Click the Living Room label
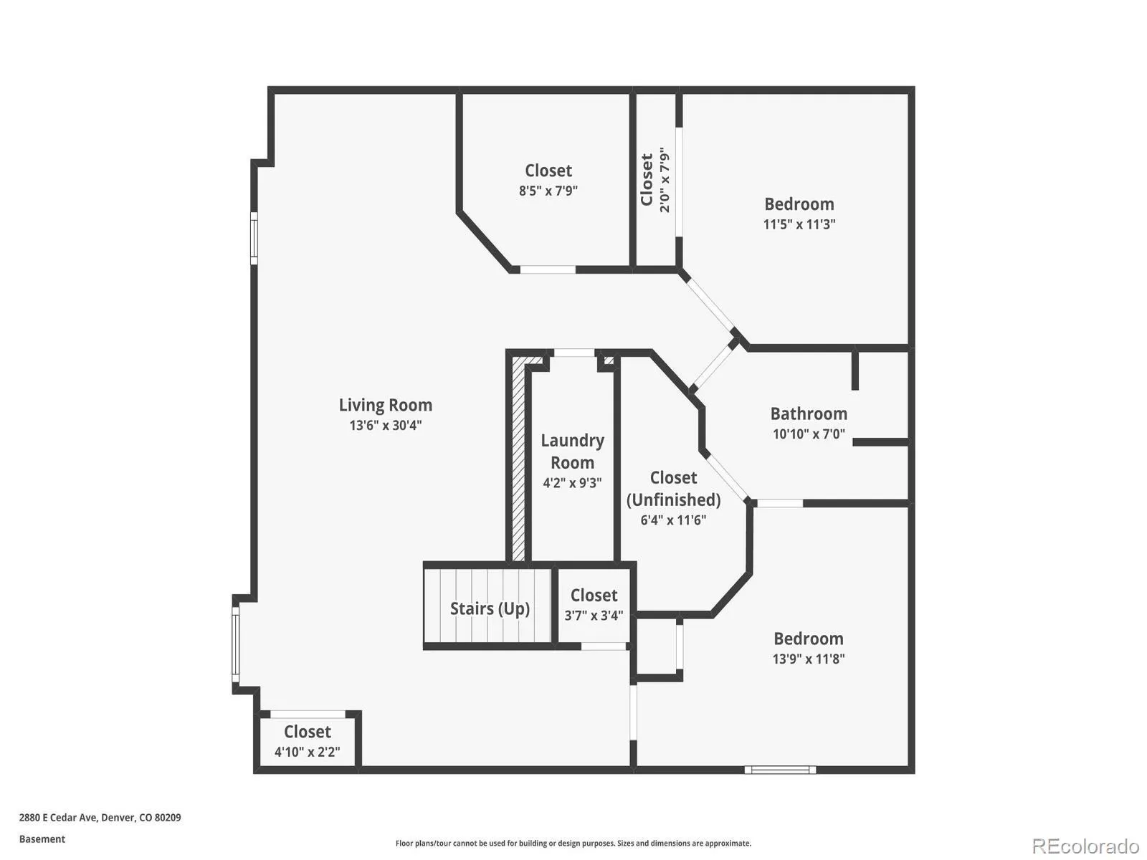click(385, 405)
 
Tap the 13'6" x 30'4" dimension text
click(385, 426)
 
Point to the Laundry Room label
click(572, 451)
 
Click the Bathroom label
click(809, 414)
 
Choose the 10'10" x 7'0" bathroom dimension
click(809, 434)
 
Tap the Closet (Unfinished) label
click(673, 489)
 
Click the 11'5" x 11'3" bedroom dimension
click(799, 224)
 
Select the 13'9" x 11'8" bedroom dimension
click(809, 659)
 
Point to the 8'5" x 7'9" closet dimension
click(548, 191)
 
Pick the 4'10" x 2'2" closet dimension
click(308, 752)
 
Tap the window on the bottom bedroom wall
click(780, 770)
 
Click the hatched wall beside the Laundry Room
click(518, 459)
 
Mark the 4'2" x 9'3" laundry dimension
click(572, 483)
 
